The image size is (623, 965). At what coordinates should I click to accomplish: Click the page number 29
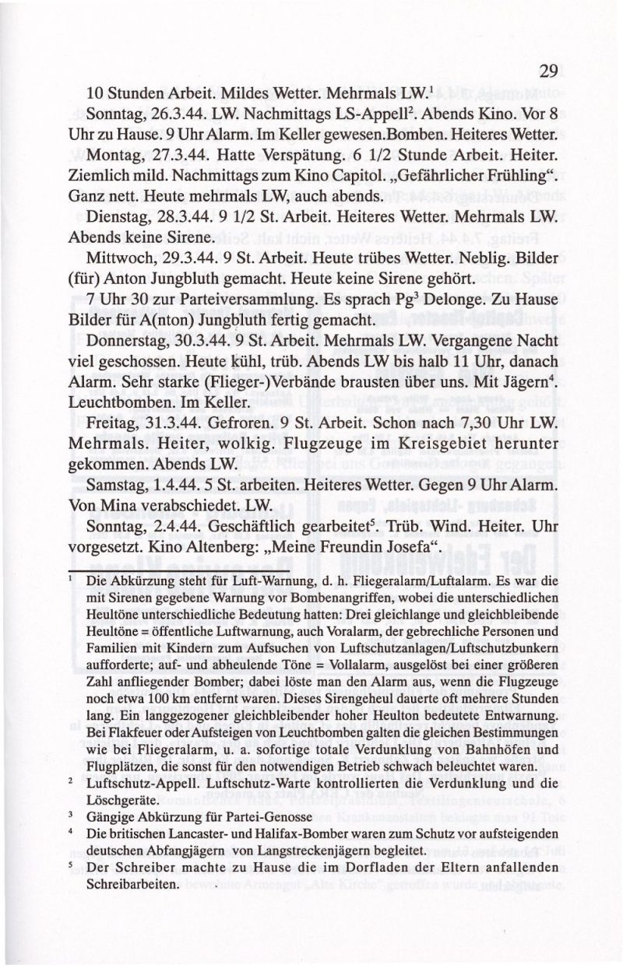(548, 72)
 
